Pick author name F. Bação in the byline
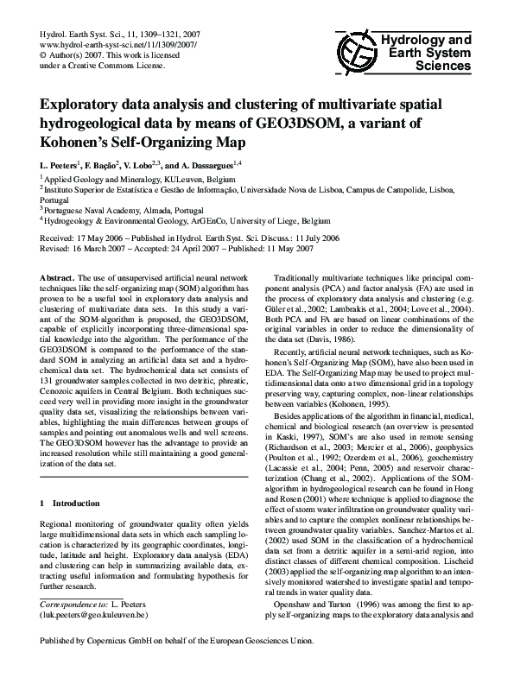[108, 164]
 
